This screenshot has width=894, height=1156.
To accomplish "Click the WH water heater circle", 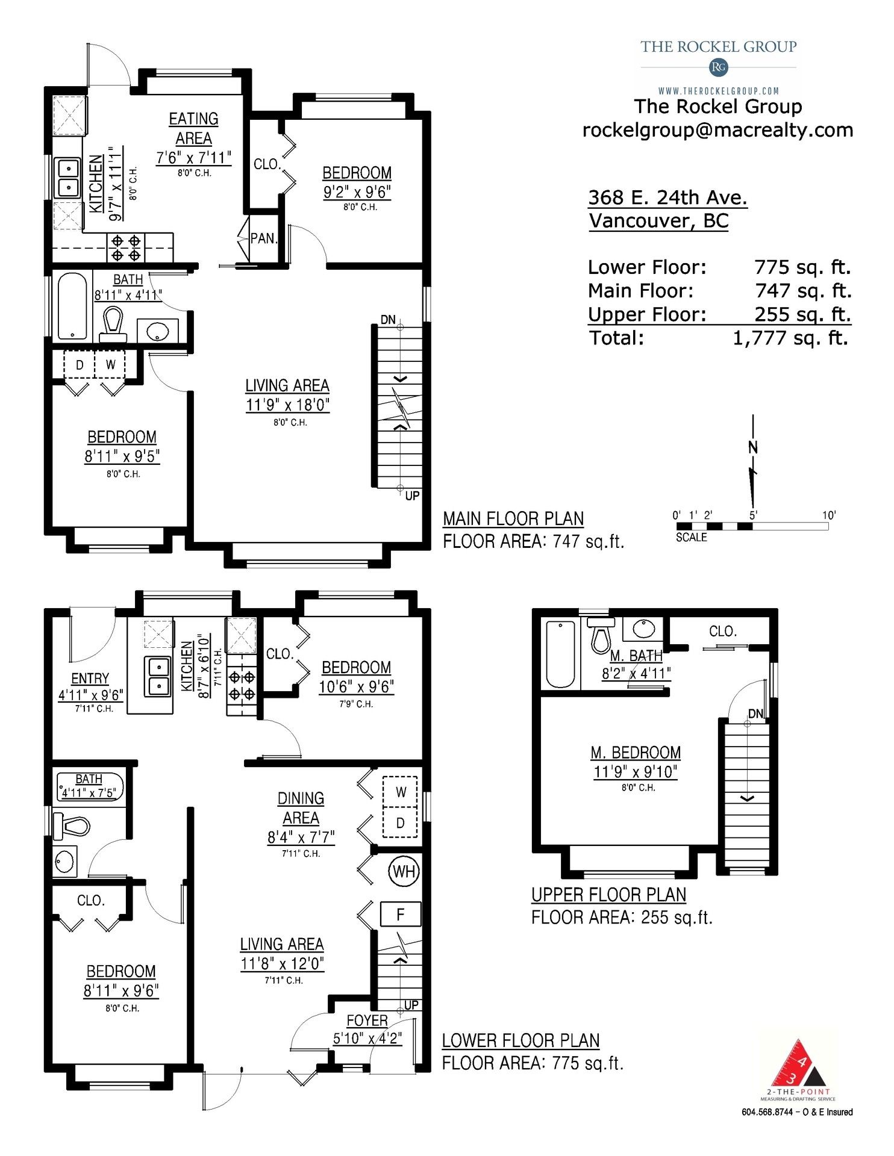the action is point(404,871).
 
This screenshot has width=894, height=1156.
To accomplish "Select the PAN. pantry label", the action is point(264,238).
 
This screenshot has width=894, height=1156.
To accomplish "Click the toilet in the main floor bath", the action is point(113,323).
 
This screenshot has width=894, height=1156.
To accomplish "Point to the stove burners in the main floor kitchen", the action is point(126,248).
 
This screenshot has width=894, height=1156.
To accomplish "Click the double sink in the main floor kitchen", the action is point(68,177).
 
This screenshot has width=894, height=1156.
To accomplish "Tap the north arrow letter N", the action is point(752,447).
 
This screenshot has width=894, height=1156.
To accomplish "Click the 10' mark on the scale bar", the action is point(829,515).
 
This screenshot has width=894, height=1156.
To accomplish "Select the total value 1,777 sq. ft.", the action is point(790,338).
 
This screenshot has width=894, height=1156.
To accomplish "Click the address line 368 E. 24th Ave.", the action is point(667,197).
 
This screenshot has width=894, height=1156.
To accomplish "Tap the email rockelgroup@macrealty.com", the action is point(717,130).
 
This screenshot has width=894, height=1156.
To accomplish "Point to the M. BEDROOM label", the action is point(636,753).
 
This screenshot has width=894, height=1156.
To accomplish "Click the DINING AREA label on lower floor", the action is point(301,808).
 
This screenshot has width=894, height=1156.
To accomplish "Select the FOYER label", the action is point(367,1021).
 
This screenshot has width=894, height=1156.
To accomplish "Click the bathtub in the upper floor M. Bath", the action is point(560,654).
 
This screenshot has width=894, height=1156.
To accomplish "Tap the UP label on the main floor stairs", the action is point(413,496).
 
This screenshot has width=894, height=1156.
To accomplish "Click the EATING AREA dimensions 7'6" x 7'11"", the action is point(193,158).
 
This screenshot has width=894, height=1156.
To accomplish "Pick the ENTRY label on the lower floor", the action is point(90,679).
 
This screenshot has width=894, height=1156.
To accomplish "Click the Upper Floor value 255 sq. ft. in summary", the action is point(802,314).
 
